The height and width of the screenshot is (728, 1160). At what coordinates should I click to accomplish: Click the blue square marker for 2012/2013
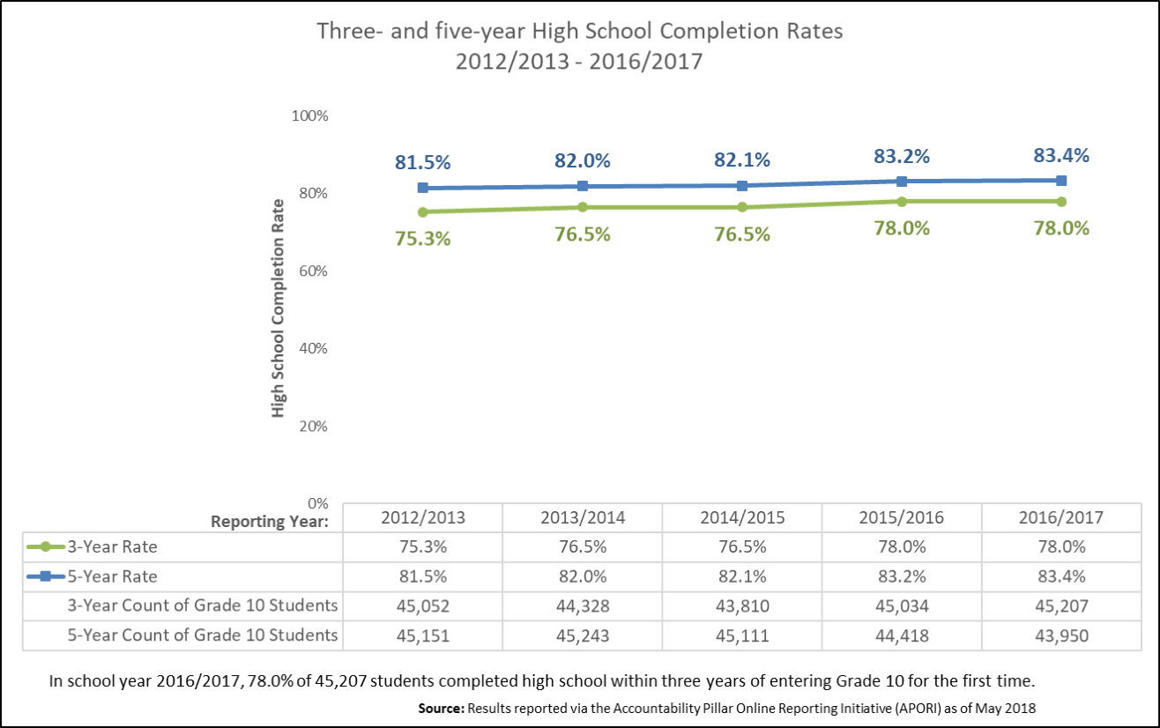[423, 188]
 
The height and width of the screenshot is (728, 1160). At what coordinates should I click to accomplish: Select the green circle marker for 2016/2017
[1061, 201]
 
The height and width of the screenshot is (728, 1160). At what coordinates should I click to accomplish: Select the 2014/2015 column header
[741, 517]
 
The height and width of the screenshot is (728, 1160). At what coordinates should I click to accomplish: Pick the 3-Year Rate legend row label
[112, 546]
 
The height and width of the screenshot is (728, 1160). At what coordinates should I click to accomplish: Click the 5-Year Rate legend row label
[112, 576]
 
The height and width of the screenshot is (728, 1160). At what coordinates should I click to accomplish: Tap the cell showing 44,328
[582, 605]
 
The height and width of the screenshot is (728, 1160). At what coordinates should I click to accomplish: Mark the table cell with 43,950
[1061, 635]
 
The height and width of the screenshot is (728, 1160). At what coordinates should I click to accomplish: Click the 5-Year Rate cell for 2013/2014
[582, 576]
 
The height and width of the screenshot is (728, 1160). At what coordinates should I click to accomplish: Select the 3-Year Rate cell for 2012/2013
[422, 546]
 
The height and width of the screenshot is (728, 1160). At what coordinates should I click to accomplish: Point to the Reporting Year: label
[270, 521]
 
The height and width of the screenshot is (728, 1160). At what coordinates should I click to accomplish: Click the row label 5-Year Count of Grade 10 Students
[204, 635]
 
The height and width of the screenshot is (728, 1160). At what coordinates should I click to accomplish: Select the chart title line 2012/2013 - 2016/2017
[579, 63]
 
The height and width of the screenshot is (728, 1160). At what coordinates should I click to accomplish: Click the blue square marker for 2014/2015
[742, 185]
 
